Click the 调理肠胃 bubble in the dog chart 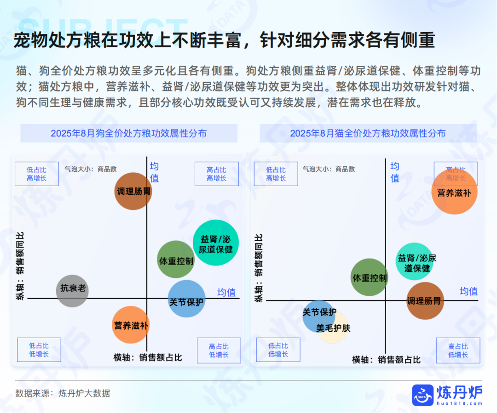(x=133, y=191)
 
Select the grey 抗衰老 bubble (x=72, y=291)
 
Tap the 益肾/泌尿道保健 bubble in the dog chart (x=216, y=243)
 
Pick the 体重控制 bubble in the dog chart (x=176, y=260)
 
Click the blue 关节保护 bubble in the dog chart (x=186, y=299)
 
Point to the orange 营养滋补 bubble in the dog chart (x=131, y=325)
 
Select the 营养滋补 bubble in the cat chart (x=455, y=192)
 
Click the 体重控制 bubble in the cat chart (x=370, y=277)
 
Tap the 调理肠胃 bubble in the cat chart (x=425, y=300)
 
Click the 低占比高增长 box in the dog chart (x=37, y=174)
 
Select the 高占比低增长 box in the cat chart (x=458, y=351)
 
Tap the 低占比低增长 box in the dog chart (x=39, y=350)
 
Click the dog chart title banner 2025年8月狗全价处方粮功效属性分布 (x=129, y=133)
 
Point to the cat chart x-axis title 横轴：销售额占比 (x=387, y=360)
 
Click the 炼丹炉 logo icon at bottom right (x=422, y=395)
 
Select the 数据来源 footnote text (x=63, y=393)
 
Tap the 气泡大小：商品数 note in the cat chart (x=329, y=169)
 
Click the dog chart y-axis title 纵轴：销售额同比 (x=20, y=266)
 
